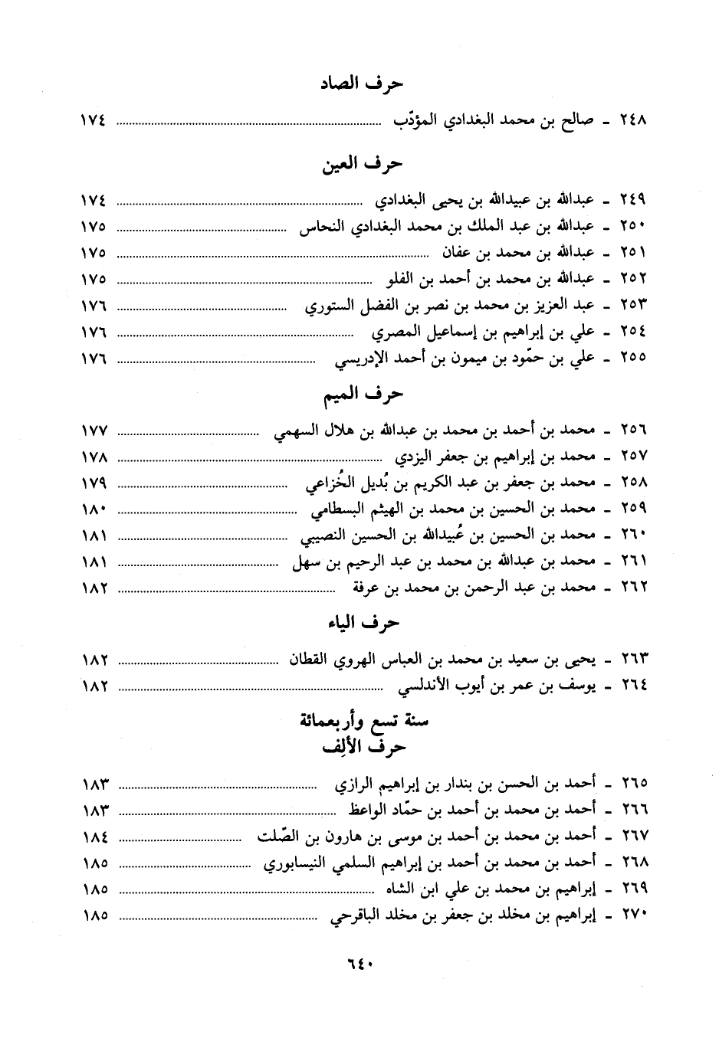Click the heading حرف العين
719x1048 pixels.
360,164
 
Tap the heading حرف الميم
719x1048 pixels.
360,395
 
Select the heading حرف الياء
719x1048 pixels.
360,623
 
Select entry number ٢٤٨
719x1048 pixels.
633,120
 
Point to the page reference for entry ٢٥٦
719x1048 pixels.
94,431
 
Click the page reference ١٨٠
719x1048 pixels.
94,509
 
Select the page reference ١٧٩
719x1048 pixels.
94,483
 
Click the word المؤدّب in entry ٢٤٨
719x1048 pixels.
415,120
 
